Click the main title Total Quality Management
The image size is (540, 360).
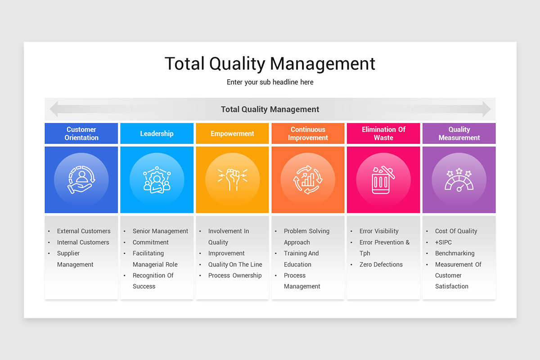(270, 63)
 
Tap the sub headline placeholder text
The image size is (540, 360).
(270, 82)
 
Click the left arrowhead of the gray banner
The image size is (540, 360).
(54, 109)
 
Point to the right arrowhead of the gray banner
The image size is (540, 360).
(486, 109)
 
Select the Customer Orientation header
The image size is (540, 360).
(81, 134)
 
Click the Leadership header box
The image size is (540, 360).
(157, 134)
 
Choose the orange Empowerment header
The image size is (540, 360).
(232, 134)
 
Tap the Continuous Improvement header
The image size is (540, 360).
(308, 134)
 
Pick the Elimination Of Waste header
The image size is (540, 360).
(383, 134)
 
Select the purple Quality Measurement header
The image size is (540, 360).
(459, 134)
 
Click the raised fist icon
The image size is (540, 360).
(232, 180)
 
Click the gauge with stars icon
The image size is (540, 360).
(459, 180)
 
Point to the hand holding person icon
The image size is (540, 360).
(81, 180)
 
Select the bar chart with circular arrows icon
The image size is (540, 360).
(308, 180)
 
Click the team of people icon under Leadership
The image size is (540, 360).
(157, 180)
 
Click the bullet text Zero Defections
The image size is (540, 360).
(381, 265)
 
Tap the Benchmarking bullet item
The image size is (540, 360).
(454, 253)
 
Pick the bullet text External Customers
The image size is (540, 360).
(84, 231)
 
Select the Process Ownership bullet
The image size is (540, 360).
(235, 275)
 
